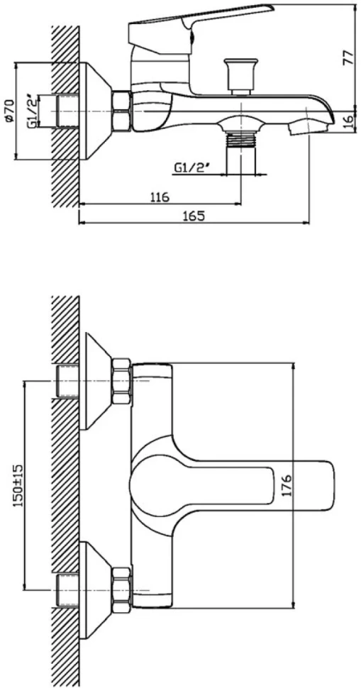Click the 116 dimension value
[x=160, y=197]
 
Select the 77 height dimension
[x=348, y=57]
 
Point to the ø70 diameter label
[x=10, y=111]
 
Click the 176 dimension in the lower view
[x=287, y=485]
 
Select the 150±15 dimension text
[x=18, y=486]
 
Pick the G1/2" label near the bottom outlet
[x=191, y=167]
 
